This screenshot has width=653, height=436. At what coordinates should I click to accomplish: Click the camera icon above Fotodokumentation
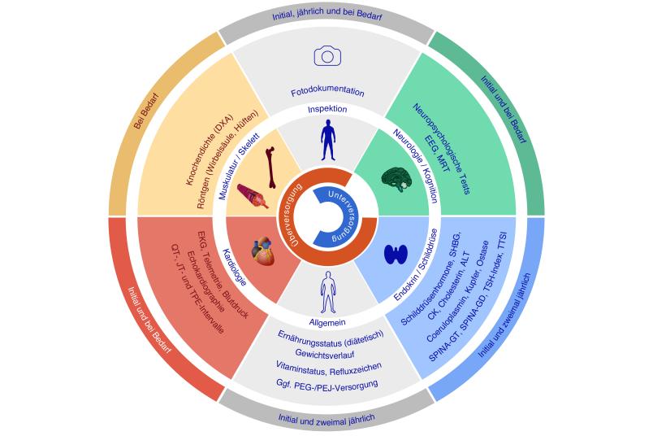point(327,56)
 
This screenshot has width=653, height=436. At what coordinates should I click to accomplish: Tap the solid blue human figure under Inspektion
point(328,140)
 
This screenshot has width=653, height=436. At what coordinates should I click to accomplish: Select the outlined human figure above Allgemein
point(328,292)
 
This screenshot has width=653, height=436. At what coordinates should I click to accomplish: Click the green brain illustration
point(397,180)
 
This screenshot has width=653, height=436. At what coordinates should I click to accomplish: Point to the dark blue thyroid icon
point(396,254)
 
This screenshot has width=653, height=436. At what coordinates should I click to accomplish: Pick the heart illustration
point(264,251)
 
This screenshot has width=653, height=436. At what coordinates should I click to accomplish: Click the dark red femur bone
point(270,167)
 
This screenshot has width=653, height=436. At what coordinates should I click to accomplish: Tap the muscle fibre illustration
point(253,196)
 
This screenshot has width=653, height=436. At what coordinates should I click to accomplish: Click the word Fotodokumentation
point(327,92)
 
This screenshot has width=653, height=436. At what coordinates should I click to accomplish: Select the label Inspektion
point(327,109)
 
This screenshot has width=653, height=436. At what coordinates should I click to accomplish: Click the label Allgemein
point(327,322)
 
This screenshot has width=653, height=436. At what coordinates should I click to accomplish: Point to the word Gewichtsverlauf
point(325,354)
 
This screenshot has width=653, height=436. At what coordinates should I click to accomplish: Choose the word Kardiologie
point(236,267)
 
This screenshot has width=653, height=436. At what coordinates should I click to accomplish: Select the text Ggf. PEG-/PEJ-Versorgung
point(327,384)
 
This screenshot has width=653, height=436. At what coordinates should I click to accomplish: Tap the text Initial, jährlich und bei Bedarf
point(327,15)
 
